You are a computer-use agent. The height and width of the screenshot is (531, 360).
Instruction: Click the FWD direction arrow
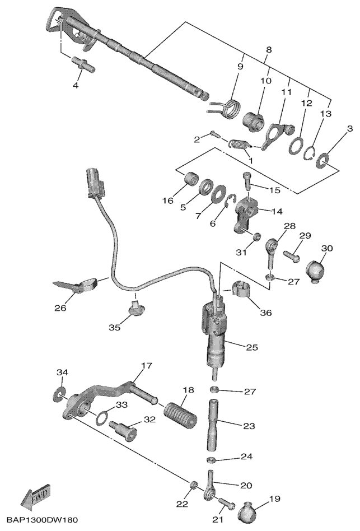[34, 496]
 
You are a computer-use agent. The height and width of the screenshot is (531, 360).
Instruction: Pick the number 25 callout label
[252, 347]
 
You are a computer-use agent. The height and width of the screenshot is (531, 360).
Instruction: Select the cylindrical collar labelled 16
[191, 181]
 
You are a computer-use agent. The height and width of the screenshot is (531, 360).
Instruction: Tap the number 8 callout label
[269, 50]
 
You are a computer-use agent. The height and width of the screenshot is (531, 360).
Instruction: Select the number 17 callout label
[146, 366]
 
